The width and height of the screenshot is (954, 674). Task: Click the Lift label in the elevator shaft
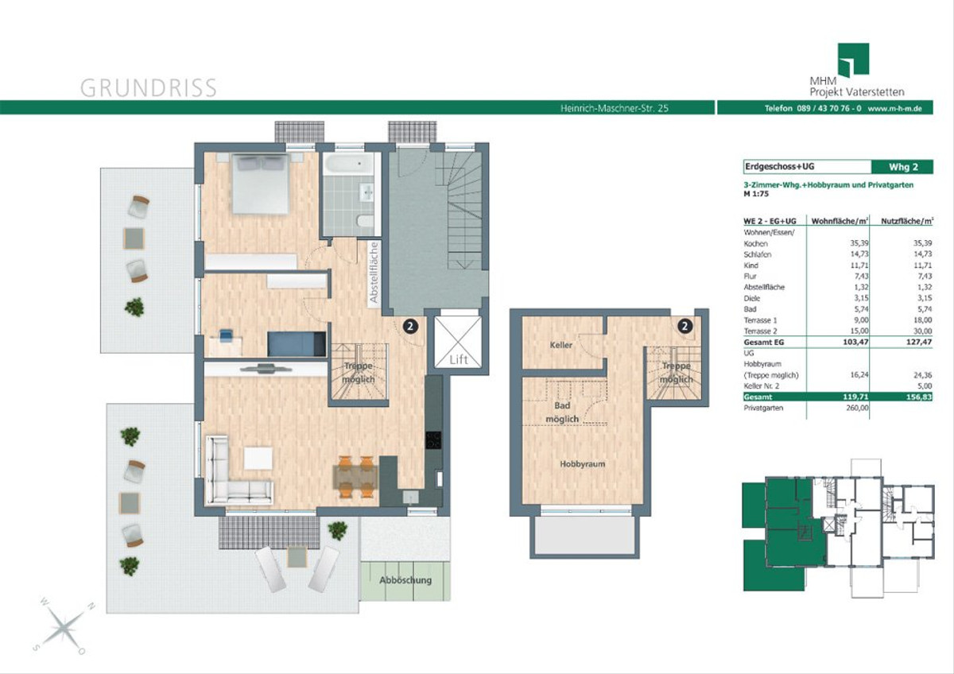pyautogui.click(x=459, y=360)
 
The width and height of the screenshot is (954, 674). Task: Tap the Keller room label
pyautogui.click(x=561, y=345)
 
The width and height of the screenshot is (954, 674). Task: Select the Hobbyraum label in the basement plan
pyautogui.click(x=582, y=464)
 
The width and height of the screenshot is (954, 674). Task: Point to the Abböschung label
pyautogui.click(x=405, y=580)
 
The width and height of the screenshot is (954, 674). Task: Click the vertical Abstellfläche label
pyautogui.click(x=374, y=273)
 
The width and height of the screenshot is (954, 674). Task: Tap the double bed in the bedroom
pyautogui.click(x=260, y=184)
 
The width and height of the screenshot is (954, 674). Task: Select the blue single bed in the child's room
pyautogui.click(x=297, y=343)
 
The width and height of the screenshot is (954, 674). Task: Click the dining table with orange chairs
pyautogui.click(x=355, y=477)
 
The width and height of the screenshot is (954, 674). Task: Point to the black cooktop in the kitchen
pyautogui.click(x=433, y=440)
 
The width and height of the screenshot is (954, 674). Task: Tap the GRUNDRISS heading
pyautogui.click(x=148, y=87)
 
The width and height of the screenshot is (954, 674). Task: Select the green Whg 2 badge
pyautogui.click(x=902, y=167)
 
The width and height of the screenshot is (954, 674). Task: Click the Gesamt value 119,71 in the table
pyautogui.click(x=855, y=397)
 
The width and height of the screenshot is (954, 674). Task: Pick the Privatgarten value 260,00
pyautogui.click(x=857, y=408)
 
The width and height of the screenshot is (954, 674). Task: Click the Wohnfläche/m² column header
pyautogui.click(x=840, y=221)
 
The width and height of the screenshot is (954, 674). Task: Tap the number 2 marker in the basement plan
pyautogui.click(x=684, y=326)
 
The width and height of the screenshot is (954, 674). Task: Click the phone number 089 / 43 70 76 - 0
pyautogui.click(x=828, y=109)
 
